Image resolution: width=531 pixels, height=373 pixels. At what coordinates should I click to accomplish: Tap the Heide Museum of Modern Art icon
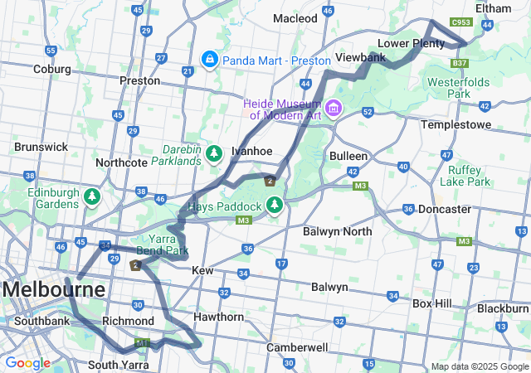(x=334, y=109)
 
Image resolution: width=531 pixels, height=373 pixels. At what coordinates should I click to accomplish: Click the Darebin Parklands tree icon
(x=214, y=153)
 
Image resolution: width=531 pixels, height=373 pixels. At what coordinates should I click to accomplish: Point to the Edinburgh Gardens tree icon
(x=91, y=196)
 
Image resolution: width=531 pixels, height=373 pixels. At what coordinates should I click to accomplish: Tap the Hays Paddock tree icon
(x=275, y=205)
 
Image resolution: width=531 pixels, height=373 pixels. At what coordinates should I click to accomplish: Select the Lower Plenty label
(x=411, y=43)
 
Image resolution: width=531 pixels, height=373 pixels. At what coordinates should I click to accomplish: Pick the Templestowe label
(x=455, y=124)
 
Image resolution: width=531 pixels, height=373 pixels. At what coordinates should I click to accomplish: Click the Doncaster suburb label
(x=445, y=210)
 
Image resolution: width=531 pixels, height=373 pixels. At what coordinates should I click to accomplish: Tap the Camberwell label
(x=297, y=347)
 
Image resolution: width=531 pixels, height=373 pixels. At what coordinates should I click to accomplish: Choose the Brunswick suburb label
(x=41, y=147)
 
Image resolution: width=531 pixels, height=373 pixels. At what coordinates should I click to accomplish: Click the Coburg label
(x=51, y=69)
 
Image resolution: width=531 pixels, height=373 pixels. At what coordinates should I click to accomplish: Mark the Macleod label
(x=295, y=18)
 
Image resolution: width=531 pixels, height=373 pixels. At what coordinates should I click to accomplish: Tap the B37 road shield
(x=460, y=63)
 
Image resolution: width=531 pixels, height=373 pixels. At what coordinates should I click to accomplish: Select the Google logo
(x=27, y=363)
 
